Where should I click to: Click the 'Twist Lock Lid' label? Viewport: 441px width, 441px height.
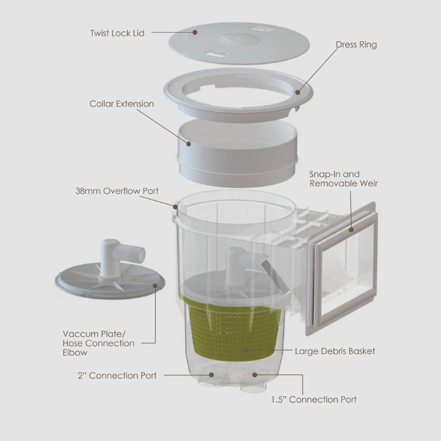point(117,33)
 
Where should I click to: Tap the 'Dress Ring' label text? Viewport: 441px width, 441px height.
point(356,45)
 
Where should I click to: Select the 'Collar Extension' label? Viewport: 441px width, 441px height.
point(121,104)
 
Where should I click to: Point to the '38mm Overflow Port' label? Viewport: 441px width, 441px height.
point(117,191)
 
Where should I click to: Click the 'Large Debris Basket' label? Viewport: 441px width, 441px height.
point(335,351)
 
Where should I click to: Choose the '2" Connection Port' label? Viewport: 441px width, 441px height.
point(117,375)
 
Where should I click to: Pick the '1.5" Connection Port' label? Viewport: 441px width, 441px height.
point(314,399)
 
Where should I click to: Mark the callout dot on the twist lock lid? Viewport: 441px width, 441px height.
point(195,32)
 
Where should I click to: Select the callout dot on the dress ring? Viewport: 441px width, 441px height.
point(298,92)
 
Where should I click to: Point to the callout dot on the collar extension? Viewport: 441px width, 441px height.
point(189,144)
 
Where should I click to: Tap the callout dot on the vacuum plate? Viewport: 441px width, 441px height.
point(155,286)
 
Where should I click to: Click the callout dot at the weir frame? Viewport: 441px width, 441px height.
point(351,230)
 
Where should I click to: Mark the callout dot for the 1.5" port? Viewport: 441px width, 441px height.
point(255,375)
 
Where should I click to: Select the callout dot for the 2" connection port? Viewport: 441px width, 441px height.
point(212,375)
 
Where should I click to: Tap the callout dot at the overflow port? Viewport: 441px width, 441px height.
point(175,207)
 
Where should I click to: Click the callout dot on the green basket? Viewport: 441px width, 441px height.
point(246,350)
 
